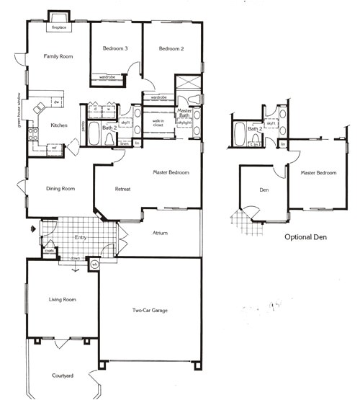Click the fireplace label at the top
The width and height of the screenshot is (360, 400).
point(57,28)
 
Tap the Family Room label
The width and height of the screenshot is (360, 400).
point(59,55)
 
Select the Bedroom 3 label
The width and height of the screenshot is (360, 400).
point(114,48)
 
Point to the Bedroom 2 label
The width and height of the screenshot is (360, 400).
point(172,48)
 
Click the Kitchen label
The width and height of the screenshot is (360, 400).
point(59,125)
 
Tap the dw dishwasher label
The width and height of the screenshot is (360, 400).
point(56,102)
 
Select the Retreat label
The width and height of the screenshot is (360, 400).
point(122,189)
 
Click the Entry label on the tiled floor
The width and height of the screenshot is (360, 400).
point(81,237)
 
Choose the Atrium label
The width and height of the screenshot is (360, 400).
point(160,233)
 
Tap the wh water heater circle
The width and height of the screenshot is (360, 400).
point(94,265)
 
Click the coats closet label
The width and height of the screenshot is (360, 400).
point(49,251)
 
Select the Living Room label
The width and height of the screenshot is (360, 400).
point(62,299)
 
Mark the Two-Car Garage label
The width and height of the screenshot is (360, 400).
point(150,310)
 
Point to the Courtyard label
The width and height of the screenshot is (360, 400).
point(63,375)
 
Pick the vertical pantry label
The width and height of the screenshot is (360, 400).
point(84,127)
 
